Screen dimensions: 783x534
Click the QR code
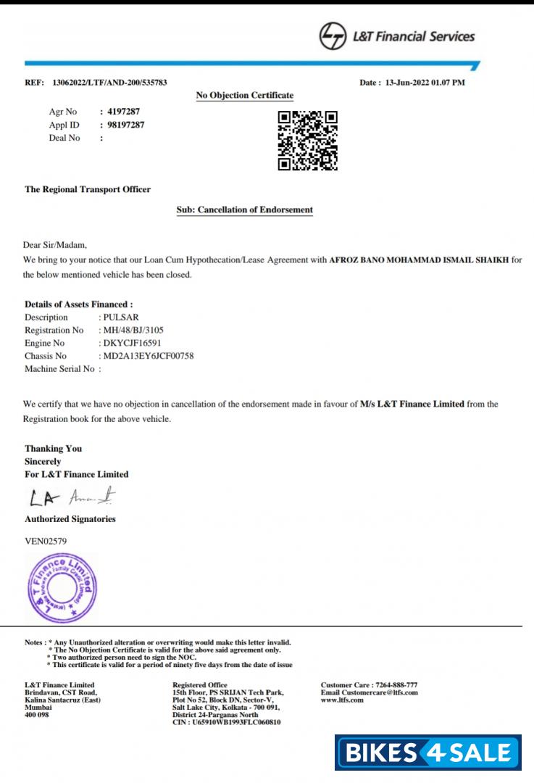[308, 141]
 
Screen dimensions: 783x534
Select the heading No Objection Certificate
[245, 95]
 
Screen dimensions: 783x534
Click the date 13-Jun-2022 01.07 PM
[423, 83]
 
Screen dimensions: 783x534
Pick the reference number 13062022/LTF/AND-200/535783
[110, 83]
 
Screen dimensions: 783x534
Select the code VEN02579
[49, 540]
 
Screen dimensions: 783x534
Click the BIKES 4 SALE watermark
[427, 753]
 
